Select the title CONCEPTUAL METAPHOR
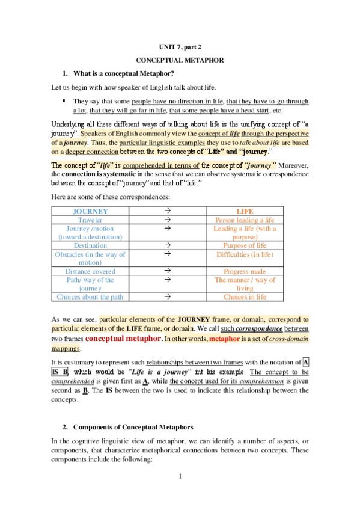[x=180, y=60]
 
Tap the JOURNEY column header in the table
[x=90, y=212]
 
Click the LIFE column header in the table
[x=245, y=212]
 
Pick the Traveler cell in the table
[x=90, y=220]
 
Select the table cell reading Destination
[x=90, y=245]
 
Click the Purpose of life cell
[x=245, y=245]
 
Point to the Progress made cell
[x=245, y=271]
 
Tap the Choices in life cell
[x=245, y=296]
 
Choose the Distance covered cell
[x=90, y=271]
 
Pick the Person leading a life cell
[x=245, y=220]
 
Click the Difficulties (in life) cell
[x=245, y=254]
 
